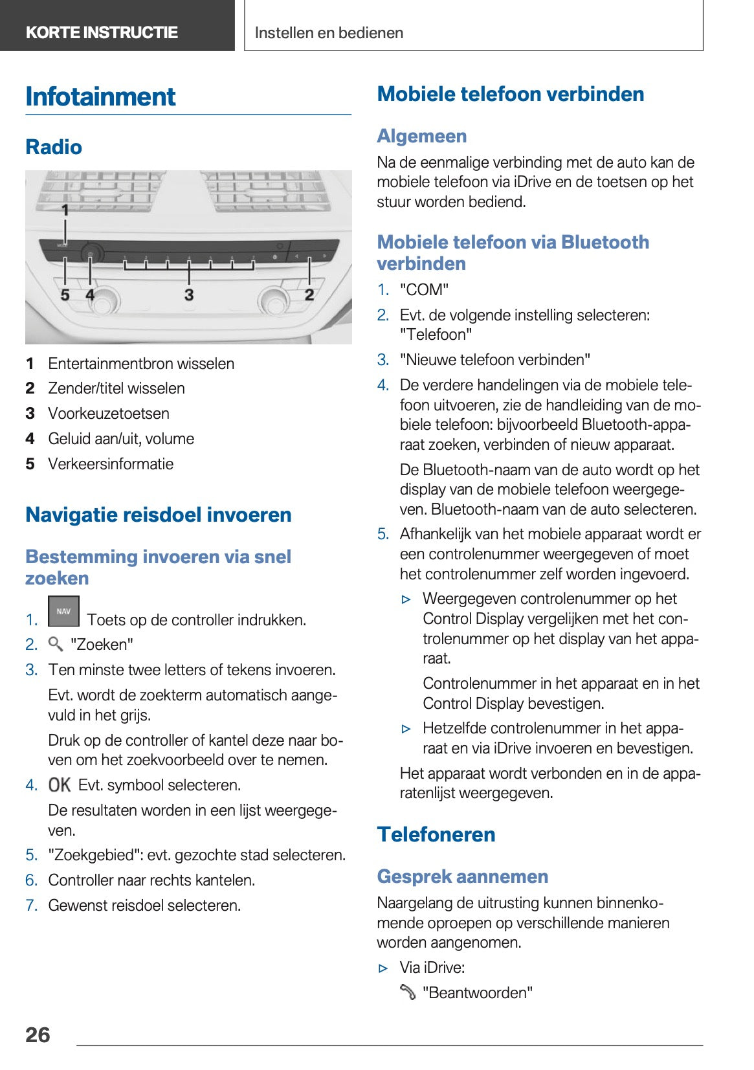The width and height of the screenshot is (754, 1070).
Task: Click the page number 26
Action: click(38, 1034)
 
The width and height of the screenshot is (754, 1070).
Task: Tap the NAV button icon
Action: click(63, 611)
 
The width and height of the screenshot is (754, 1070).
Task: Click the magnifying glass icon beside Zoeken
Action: click(56, 643)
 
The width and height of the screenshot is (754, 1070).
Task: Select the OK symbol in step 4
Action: click(60, 785)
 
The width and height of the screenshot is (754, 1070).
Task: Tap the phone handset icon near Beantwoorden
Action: click(408, 992)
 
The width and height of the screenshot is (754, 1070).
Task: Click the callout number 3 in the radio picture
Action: click(188, 295)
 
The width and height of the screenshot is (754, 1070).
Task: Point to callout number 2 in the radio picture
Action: click(309, 295)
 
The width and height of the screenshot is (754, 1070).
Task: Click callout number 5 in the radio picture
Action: click(65, 295)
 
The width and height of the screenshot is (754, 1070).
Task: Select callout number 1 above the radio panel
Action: click(65, 210)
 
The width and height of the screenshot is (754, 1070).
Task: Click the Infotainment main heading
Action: click(100, 97)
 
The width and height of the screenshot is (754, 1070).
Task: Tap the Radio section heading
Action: click(54, 147)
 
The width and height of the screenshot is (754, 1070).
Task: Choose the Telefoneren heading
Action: click(436, 834)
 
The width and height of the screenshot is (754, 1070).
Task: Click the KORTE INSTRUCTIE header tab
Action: click(102, 32)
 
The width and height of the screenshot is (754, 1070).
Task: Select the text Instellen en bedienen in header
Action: click(329, 33)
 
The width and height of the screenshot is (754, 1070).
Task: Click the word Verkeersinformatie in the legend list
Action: click(111, 463)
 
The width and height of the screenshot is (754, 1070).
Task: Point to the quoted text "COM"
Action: click(424, 289)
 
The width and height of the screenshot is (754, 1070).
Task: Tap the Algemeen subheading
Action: click(421, 136)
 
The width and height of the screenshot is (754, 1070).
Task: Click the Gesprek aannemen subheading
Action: click(462, 876)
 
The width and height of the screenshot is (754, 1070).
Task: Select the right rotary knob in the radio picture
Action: click(272, 301)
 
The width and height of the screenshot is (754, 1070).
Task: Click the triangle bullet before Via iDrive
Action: click(383, 968)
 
